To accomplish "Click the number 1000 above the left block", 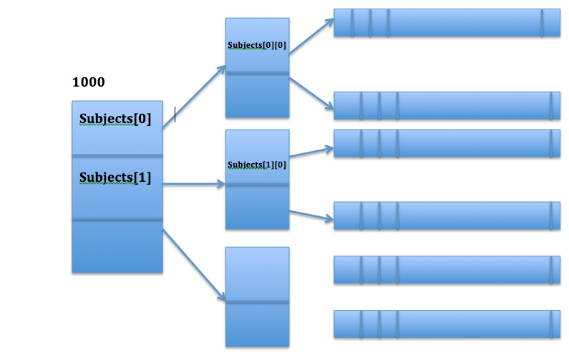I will click(89, 82).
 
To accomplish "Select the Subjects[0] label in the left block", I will click(115, 119).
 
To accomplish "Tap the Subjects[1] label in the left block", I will click(115, 177).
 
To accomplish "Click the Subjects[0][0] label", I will click(257, 45).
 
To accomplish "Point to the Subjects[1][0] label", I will click(257, 165).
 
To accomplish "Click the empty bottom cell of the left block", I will click(117, 246).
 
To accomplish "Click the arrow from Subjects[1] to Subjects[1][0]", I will click(193, 185).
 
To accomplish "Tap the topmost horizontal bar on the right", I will click(447, 23).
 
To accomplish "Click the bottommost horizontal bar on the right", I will click(447, 323).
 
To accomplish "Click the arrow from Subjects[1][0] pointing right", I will click(311, 152).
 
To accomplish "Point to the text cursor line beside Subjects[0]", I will click(175, 115).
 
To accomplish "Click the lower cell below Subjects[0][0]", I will click(257, 95).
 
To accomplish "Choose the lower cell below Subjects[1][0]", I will click(257, 208).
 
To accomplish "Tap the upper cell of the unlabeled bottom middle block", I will click(257, 274).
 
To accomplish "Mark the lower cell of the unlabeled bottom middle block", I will click(257, 325).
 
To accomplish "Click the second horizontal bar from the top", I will click(447, 105).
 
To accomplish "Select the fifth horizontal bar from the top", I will click(447, 269).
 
